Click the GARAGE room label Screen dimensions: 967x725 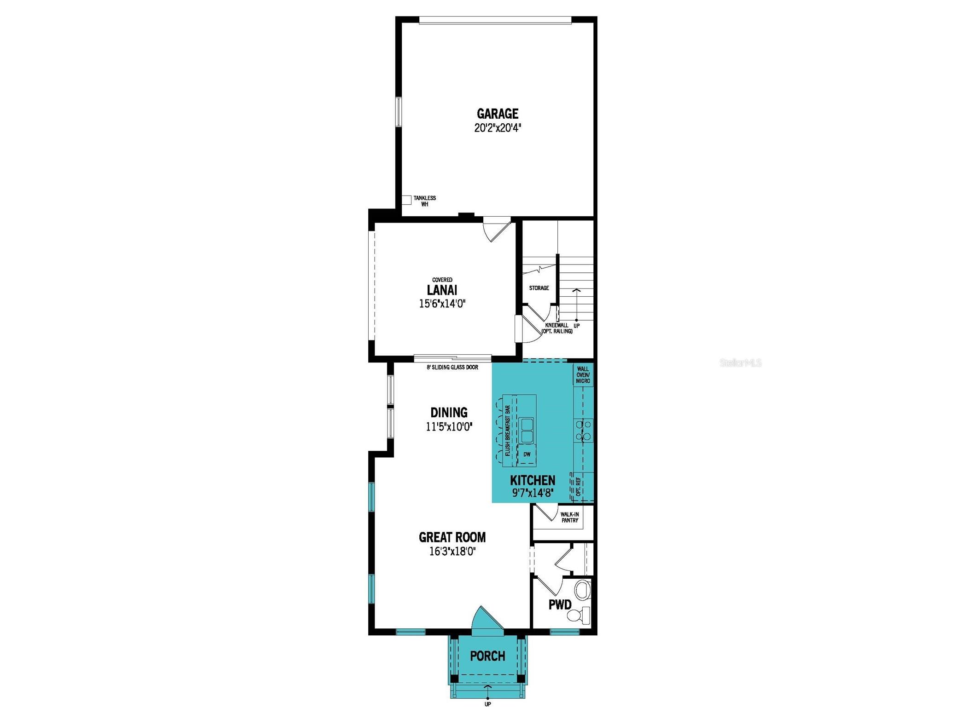[x=497, y=113]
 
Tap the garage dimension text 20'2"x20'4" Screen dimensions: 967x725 [x=497, y=127]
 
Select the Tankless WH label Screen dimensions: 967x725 [x=424, y=201]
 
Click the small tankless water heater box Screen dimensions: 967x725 [x=406, y=200]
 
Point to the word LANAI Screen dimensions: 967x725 [x=442, y=290]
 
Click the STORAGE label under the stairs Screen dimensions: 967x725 [x=539, y=288]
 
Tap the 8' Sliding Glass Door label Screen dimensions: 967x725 [x=452, y=367]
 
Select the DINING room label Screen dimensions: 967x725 [x=449, y=412]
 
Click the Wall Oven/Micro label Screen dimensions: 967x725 [x=583, y=375]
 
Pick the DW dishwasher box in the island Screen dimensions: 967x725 [x=527, y=454]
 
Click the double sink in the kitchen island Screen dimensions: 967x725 [x=527, y=430]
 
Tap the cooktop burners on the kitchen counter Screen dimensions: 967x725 [x=583, y=430]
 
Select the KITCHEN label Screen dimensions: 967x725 [x=533, y=480]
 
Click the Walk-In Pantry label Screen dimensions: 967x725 [x=569, y=517]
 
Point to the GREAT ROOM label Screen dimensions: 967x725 [x=452, y=537]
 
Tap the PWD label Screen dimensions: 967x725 [x=560, y=604]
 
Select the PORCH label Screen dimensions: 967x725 [x=487, y=656]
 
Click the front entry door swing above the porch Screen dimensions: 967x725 [x=486, y=618]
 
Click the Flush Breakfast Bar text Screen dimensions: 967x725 [x=507, y=431]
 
